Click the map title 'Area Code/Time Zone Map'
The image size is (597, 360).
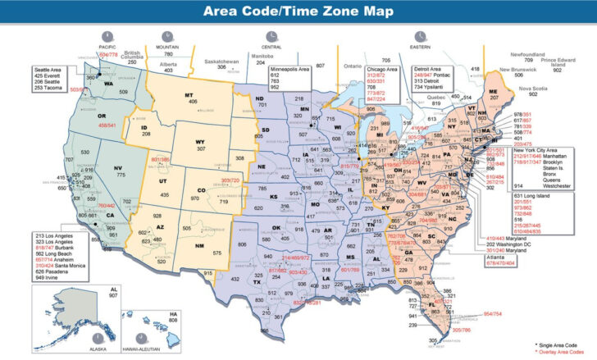coord(298,12)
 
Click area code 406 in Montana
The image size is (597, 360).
coord(194,101)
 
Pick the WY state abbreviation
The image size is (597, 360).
coord(200,141)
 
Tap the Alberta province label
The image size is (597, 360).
coord(168,63)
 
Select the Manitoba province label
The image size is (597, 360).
coord(261,55)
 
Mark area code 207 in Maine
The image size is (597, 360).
coord(494,96)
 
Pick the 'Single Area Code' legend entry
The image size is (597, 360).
coord(564,345)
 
